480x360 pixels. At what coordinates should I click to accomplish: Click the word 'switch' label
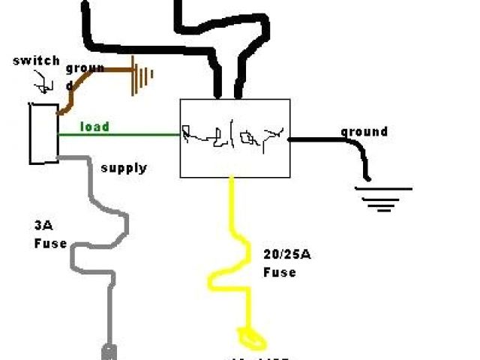(x=36, y=61)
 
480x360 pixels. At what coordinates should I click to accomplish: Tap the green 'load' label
(x=94, y=126)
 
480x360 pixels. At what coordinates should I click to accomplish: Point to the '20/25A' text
(x=286, y=256)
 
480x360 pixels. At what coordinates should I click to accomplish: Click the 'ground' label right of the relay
(x=364, y=132)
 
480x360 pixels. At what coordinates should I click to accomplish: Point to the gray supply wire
(x=97, y=240)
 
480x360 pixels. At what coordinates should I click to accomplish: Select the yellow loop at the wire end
(x=250, y=337)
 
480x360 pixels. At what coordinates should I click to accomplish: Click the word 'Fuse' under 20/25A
(x=279, y=272)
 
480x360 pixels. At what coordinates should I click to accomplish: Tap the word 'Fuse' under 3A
(x=49, y=244)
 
